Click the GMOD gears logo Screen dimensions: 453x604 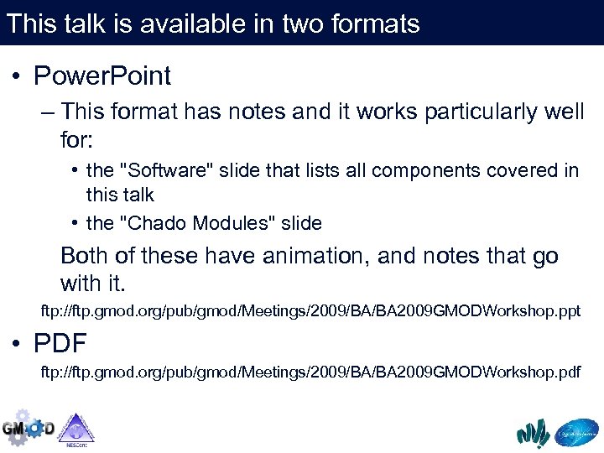[27, 428]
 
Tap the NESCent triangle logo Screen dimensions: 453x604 [76, 429]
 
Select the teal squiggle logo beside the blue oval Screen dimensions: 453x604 [533, 432]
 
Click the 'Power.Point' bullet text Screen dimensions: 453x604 [102, 76]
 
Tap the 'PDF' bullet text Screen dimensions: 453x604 [60, 343]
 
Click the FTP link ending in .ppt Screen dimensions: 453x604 [310, 311]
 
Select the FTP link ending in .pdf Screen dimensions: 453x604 [310, 372]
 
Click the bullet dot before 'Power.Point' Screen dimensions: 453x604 [17, 77]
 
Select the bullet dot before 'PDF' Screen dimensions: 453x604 [17, 344]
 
